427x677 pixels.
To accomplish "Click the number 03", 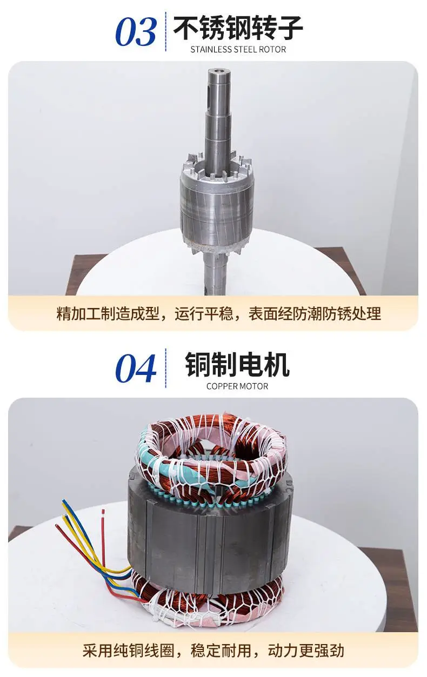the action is [136, 32].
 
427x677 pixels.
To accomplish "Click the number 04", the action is [136, 368].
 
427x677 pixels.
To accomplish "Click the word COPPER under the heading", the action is [217, 386].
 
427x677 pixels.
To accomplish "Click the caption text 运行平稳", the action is [204, 313].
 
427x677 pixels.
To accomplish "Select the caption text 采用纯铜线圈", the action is [128, 650].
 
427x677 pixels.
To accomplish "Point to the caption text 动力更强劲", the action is [306, 650].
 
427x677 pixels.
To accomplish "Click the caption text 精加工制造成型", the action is [108, 313].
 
